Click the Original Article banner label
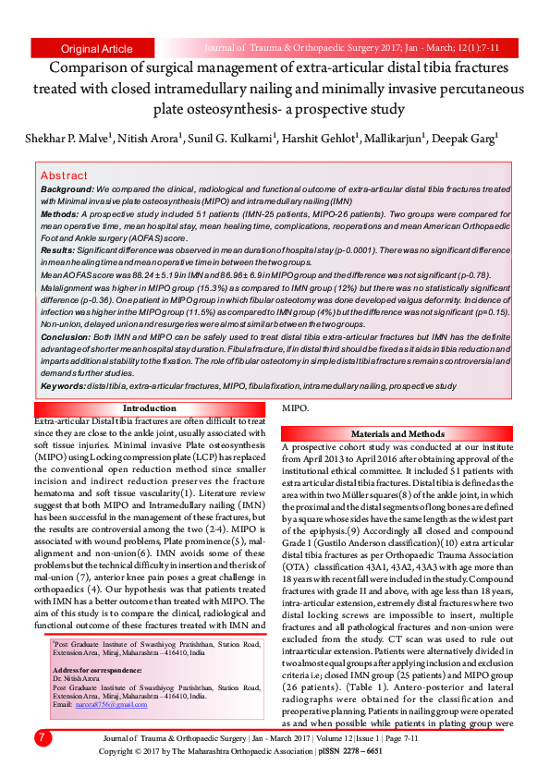[96, 48]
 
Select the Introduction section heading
[149, 408]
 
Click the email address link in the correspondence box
[115, 705]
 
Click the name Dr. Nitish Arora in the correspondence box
[78, 677]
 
